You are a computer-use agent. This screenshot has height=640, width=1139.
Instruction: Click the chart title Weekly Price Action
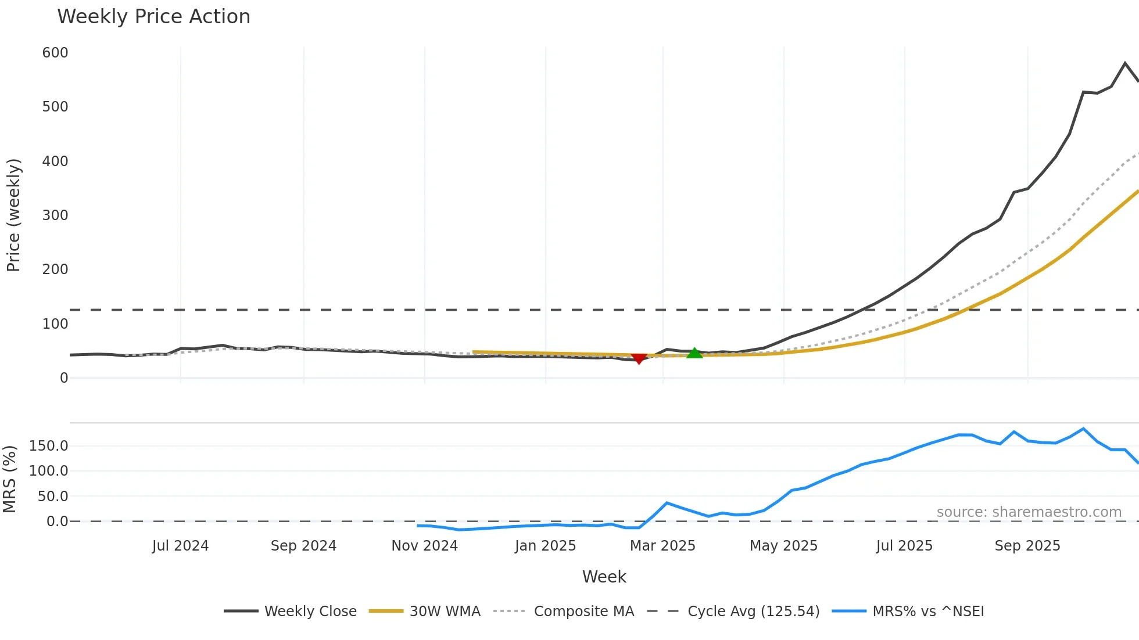[153, 17]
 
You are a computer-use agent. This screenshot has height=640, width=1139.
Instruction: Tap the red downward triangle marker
[639, 358]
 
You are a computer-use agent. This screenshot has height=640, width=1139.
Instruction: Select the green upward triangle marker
[694, 353]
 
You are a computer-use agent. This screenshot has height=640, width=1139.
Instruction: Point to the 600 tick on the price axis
[55, 53]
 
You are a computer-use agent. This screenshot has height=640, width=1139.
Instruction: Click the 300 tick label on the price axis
[55, 215]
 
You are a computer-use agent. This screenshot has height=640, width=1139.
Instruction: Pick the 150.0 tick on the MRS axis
[49, 446]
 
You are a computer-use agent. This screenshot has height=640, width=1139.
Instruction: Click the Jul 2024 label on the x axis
[180, 546]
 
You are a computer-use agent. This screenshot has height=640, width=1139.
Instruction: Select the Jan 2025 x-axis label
[545, 546]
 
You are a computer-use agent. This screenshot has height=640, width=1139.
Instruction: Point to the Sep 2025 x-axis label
[1027, 546]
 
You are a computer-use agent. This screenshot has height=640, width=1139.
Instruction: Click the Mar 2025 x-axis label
[662, 546]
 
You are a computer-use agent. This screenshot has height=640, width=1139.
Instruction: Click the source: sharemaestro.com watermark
[1029, 512]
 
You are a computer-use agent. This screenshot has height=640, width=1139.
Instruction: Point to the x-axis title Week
[604, 577]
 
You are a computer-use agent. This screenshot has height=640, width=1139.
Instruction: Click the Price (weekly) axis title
[13, 215]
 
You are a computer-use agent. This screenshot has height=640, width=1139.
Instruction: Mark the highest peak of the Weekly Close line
[1125, 63]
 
